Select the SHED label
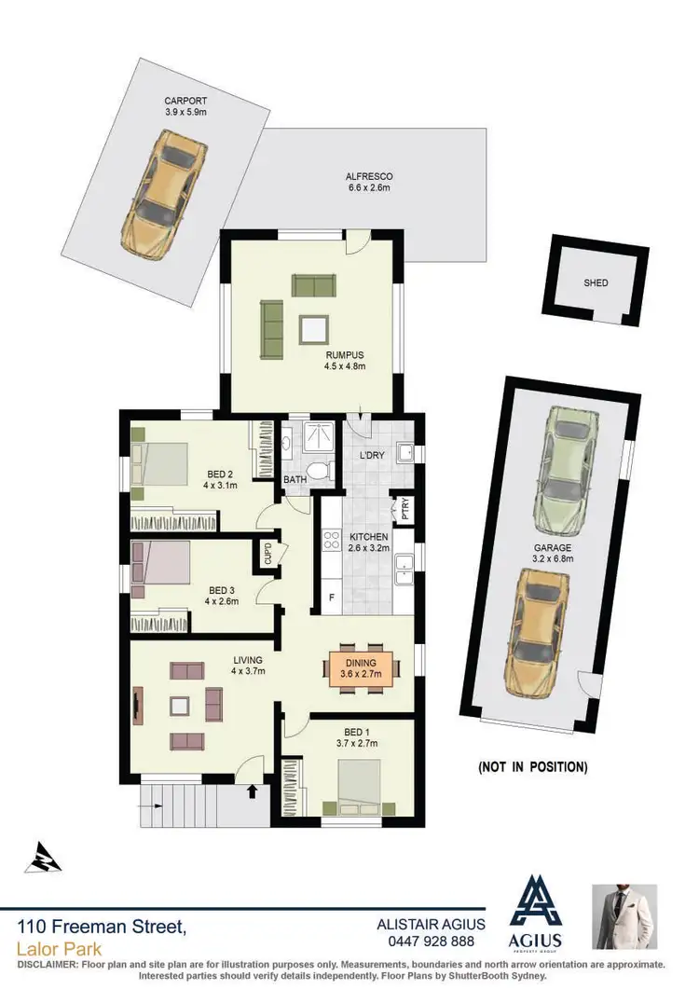pyautogui.click(x=596, y=283)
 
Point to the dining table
pyautogui.click(x=362, y=669)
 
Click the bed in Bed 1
pyautogui.click(x=362, y=785)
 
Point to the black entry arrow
pyautogui.click(x=251, y=791)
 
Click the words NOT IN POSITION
pyautogui.click(x=532, y=767)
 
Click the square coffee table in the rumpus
pyautogui.click(x=313, y=328)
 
